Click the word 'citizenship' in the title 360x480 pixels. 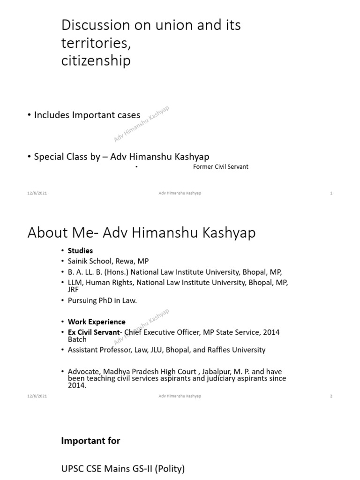click(x=96, y=61)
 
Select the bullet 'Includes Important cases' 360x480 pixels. click(x=87, y=115)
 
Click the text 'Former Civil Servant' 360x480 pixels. click(x=220, y=167)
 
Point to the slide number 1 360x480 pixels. click(x=331, y=193)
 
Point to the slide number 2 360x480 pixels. click(x=331, y=396)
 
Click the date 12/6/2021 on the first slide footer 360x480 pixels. click(x=37, y=193)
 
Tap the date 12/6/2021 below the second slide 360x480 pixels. click(x=37, y=396)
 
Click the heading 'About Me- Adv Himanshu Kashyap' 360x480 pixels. click(x=142, y=232)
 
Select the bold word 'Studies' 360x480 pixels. click(x=80, y=251)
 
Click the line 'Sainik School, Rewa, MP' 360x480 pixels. click(x=108, y=261)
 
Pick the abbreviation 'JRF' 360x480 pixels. click(x=74, y=290)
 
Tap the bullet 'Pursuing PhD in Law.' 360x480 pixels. click(x=102, y=300)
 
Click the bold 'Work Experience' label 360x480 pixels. click(x=97, y=322)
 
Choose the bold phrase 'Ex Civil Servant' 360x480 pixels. click(x=94, y=332)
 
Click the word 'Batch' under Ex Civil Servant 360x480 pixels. click(x=77, y=339)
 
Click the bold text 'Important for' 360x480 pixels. click(x=90, y=441)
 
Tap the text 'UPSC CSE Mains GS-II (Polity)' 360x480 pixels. click(x=123, y=468)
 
